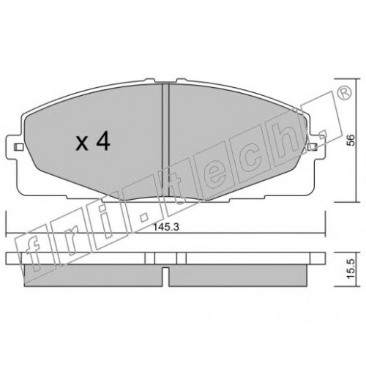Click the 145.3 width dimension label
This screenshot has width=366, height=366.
[166, 228]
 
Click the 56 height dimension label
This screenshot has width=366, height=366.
[351, 141]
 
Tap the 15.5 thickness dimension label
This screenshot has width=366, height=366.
[351, 269]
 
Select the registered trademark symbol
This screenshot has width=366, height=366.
[344, 93]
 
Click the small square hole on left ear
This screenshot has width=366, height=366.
[18, 147]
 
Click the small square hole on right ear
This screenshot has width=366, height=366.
[313, 147]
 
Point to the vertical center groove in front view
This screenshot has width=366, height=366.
[165, 140]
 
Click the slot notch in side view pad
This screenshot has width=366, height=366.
[165, 277]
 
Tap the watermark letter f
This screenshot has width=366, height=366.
[31, 254]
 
